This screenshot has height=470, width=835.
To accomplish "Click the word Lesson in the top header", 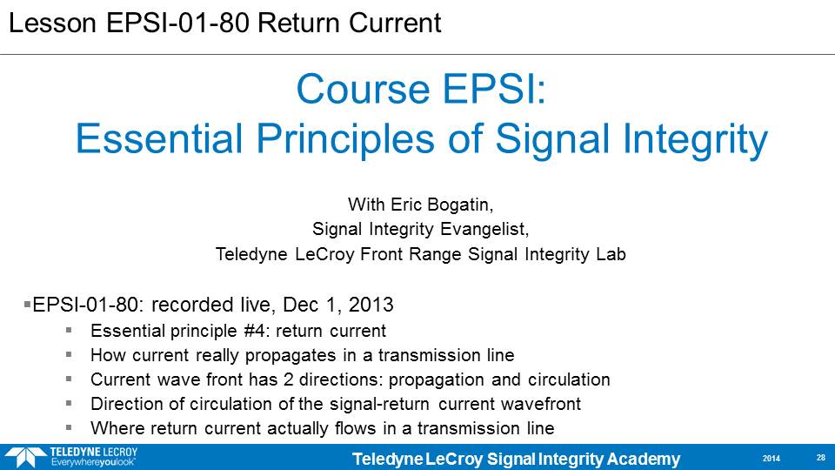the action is coord(52,23).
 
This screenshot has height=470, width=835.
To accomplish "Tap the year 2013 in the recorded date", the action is coord(371,305).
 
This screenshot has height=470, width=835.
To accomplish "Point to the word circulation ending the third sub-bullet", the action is coord(569,379).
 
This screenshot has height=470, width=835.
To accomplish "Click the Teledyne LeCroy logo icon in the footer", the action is coord(25,457).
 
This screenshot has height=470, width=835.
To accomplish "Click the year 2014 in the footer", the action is coord(772,459).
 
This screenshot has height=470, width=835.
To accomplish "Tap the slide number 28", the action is coord(820,458).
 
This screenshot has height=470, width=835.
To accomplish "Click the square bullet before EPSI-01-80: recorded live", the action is coord(27,305).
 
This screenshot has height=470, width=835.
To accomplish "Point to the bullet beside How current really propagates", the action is coord(69,354).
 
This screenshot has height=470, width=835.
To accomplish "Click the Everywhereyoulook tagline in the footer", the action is coord(93,462).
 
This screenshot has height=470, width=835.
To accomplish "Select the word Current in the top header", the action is coord(395,23).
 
